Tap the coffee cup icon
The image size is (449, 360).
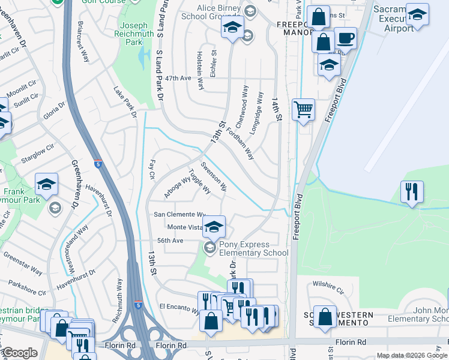coord(345,39)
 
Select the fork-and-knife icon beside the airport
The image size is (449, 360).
coord(412,192)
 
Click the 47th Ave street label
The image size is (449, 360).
coord(178,79)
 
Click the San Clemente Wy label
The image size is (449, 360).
coord(180,214)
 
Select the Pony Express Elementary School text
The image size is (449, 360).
coord(253,248)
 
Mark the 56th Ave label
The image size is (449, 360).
coord(170,241)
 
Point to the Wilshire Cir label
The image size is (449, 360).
coord(328,285)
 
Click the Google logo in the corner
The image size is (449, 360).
coord(20,353)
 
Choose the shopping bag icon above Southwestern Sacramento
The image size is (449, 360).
coord(325,318)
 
